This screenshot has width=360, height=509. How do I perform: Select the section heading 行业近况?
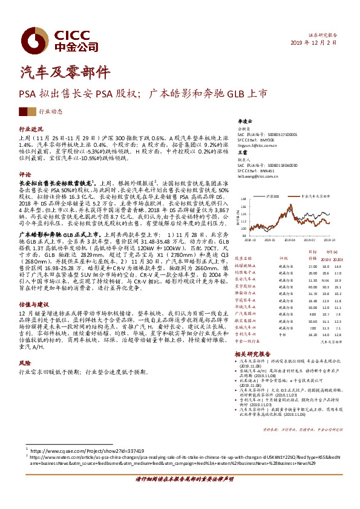click(x=31, y=129)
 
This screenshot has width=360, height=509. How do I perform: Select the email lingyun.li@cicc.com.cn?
click(x=258, y=146)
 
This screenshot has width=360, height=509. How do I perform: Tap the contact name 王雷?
click(x=242, y=154)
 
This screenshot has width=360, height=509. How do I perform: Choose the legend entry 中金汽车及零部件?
click(x=316, y=196)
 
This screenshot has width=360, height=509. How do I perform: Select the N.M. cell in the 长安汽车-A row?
click(x=326, y=280)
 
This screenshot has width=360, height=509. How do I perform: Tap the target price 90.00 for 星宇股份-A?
click(x=312, y=287)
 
